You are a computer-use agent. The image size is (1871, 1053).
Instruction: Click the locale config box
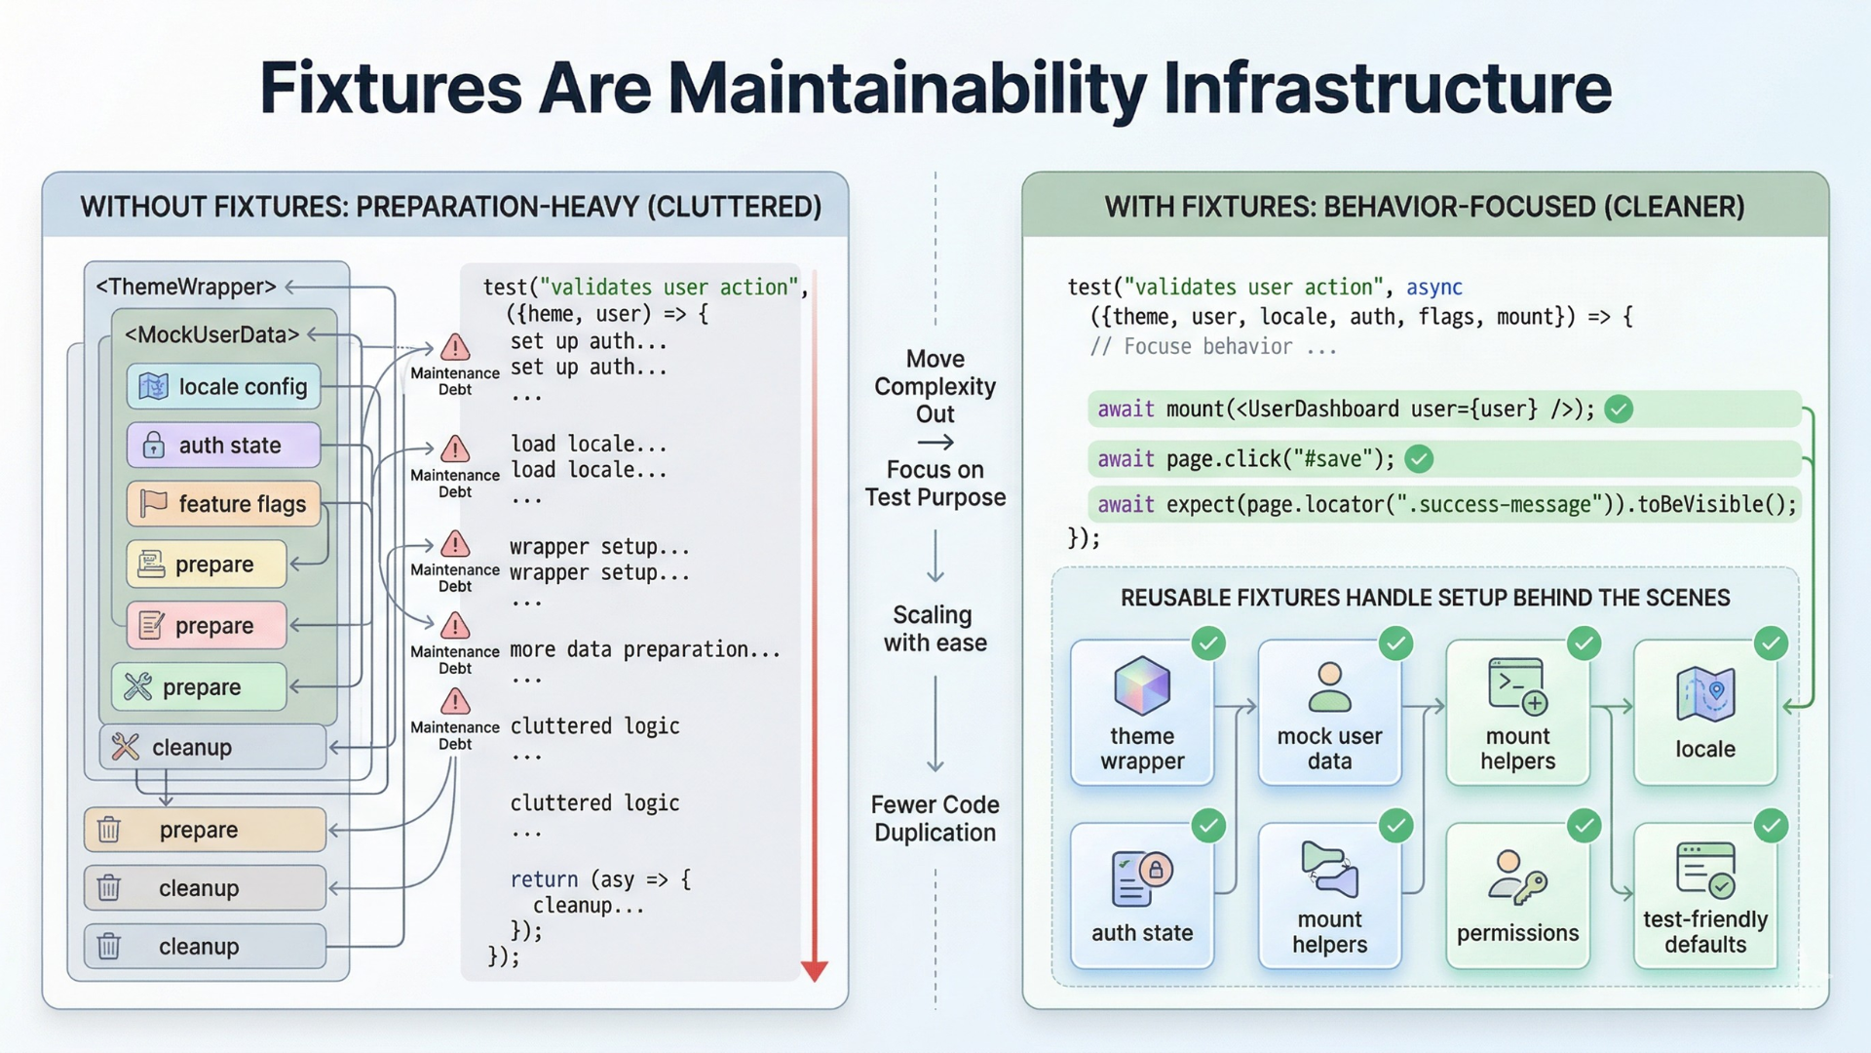click(223, 387)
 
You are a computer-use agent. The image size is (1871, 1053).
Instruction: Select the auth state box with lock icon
click(223, 446)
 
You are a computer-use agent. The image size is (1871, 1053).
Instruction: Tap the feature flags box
click(223, 504)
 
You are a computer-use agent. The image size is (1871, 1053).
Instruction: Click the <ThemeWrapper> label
click(185, 287)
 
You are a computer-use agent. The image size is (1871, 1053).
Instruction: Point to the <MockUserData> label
click(211, 334)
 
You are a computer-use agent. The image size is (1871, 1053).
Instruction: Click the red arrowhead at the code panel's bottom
click(815, 970)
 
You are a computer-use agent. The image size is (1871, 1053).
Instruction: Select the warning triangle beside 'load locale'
click(455, 449)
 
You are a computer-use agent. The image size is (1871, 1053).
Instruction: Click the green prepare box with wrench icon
click(199, 687)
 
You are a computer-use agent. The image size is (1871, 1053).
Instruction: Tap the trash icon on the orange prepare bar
click(109, 830)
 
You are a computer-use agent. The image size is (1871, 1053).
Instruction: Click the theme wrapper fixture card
click(1142, 712)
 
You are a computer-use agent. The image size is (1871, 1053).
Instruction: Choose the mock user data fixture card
click(1329, 712)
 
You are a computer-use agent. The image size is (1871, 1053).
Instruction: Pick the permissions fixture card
click(1517, 895)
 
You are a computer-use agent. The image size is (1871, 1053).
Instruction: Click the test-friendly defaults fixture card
click(1704, 895)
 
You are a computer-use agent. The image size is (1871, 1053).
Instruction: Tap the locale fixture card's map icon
click(1705, 694)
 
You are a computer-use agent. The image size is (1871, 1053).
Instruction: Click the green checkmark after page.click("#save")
click(1420, 458)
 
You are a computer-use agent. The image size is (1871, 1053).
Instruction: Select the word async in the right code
click(1433, 288)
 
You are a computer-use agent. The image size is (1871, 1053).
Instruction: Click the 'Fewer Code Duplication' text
click(935, 818)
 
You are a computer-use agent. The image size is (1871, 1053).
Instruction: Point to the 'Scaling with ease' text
click(935, 629)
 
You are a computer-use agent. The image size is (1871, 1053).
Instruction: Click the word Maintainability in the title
click(907, 89)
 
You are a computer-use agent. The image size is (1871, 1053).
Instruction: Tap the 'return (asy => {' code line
click(600, 879)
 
